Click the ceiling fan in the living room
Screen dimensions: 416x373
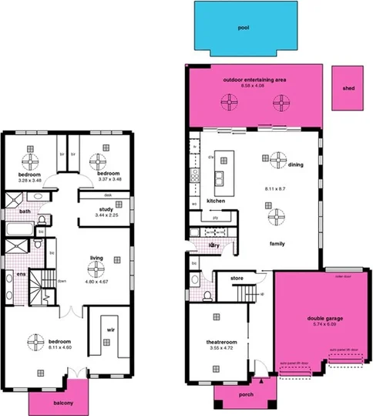pos(96,267)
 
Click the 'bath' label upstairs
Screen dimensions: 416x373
pos(25,211)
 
